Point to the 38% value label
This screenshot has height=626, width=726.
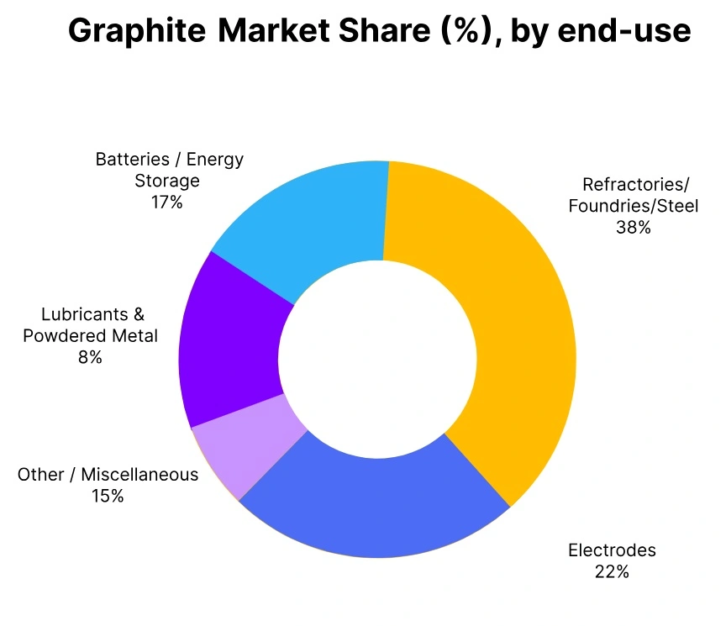click(x=633, y=227)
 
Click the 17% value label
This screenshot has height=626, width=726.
click(x=166, y=203)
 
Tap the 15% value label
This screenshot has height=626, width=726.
click(x=108, y=497)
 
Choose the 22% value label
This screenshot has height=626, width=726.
click(x=612, y=572)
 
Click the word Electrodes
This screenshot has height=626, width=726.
click(x=612, y=551)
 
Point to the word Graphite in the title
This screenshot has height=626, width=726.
click(x=137, y=32)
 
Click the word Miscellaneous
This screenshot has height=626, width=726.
click(x=139, y=475)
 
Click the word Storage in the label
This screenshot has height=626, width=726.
click(x=167, y=181)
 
